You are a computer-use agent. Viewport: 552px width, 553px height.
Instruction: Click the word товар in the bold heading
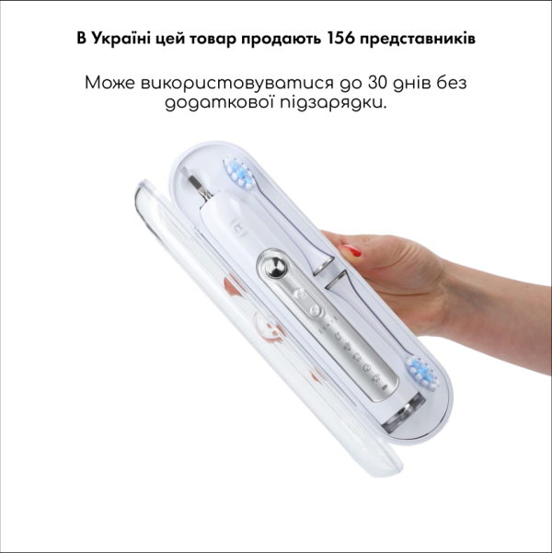[217, 40]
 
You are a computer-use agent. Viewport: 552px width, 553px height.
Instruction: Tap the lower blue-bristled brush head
[420, 374]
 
